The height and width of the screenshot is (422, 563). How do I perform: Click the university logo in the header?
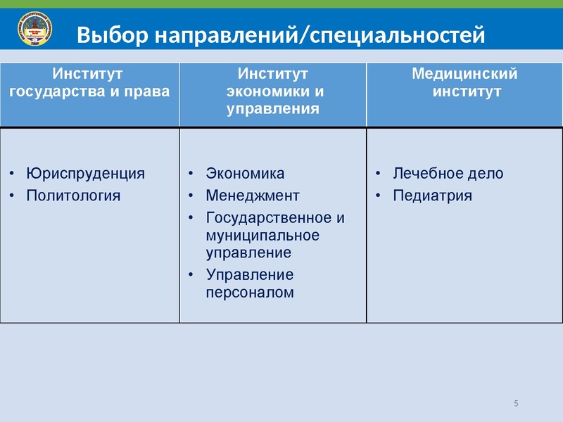(34, 31)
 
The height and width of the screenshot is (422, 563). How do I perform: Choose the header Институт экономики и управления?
(273, 91)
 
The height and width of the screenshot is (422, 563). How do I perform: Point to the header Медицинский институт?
(464, 82)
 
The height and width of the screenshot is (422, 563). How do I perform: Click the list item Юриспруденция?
(85, 174)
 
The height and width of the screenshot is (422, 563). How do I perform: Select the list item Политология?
(72, 195)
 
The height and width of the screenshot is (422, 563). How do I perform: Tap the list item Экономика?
(245, 174)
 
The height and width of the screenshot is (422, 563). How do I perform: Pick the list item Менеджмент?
(253, 195)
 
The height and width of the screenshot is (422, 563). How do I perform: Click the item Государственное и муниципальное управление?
(274, 234)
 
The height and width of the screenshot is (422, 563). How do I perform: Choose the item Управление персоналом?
(250, 283)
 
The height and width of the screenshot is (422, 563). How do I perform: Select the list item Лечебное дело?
(448, 174)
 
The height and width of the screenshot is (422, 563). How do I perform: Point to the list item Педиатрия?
(432, 195)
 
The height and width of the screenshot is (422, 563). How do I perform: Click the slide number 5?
(516, 403)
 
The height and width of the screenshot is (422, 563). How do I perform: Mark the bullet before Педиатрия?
(378, 196)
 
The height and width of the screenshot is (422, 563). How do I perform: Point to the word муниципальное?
(262, 235)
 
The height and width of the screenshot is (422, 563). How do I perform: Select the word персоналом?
(250, 293)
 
